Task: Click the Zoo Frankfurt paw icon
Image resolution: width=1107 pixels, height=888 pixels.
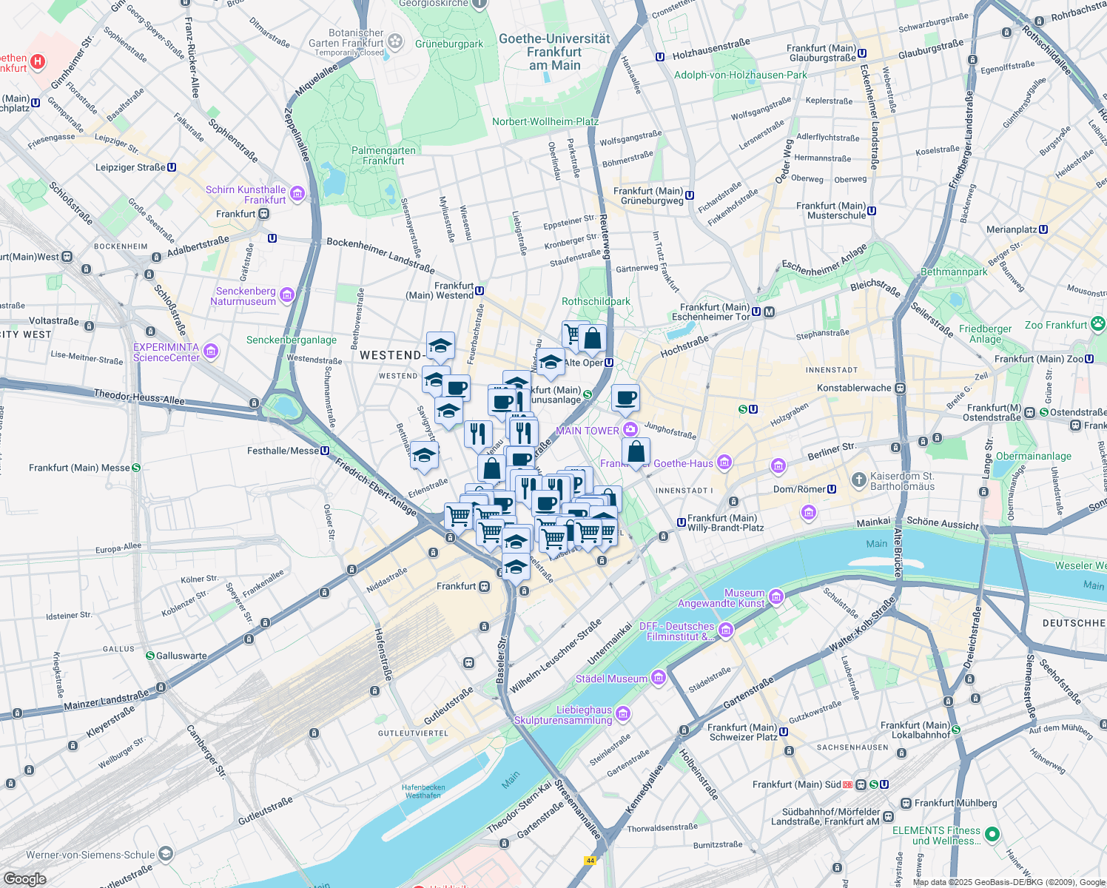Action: [x=1098, y=323]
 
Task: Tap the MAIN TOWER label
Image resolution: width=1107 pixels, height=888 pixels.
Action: [x=587, y=431]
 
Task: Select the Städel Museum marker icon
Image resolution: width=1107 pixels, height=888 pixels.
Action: [x=658, y=679]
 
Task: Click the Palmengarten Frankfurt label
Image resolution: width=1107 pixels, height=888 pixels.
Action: [x=383, y=155]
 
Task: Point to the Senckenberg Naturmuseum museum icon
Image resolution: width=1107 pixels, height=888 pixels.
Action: [x=287, y=296]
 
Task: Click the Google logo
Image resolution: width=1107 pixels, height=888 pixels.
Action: [x=24, y=878]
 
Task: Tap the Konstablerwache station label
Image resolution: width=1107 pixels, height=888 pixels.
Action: [x=854, y=388]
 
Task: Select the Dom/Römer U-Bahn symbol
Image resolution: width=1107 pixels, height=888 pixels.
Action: [x=832, y=489]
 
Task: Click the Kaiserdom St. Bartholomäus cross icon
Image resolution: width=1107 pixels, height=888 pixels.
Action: [x=858, y=480]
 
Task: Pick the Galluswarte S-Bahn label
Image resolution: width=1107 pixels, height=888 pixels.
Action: [x=181, y=656]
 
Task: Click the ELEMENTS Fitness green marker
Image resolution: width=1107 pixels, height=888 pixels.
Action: [x=992, y=835]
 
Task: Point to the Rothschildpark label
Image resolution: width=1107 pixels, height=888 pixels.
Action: [x=596, y=301]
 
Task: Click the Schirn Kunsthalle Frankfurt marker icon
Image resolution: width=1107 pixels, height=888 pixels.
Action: [x=297, y=195]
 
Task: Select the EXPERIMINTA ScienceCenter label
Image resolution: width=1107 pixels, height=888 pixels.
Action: [x=166, y=352]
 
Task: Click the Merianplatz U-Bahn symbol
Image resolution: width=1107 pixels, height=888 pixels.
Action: [x=1043, y=229]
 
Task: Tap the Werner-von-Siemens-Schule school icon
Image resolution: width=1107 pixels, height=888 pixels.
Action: [x=166, y=854]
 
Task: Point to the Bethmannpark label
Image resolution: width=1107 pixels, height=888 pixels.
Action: [x=954, y=272]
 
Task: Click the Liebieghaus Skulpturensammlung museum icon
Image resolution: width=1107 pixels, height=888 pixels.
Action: [x=623, y=714]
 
